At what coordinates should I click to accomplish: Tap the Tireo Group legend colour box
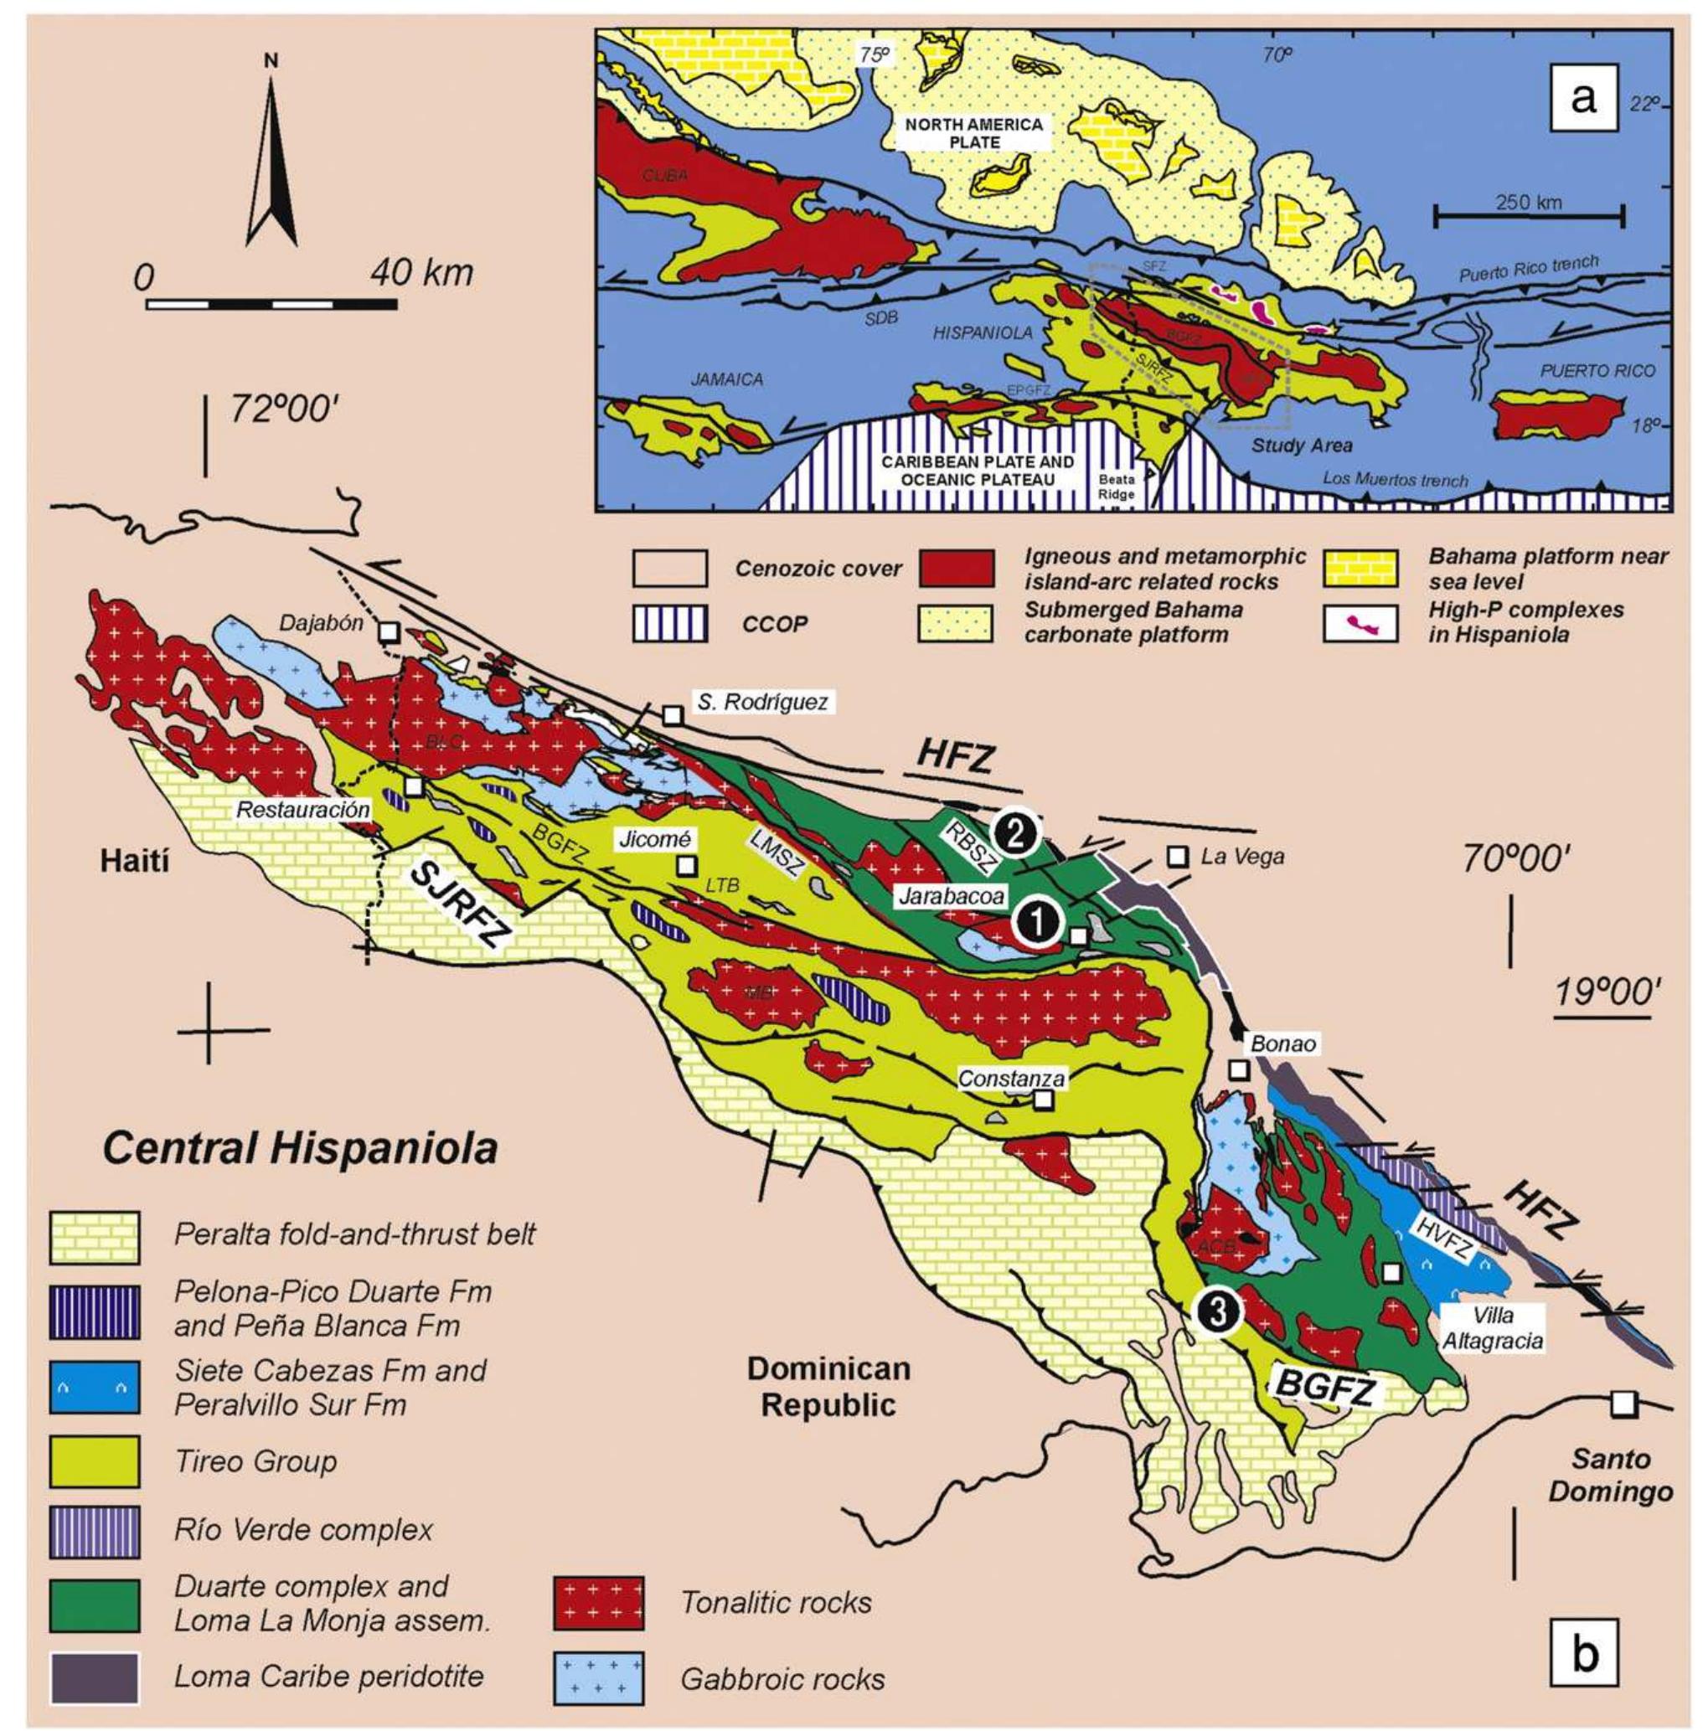coord(94,1462)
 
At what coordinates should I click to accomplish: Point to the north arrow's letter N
coord(271,61)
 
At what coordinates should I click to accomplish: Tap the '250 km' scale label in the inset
coord(1528,203)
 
